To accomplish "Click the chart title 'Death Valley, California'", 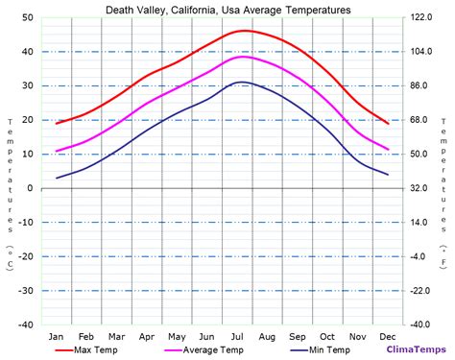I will point(227,9).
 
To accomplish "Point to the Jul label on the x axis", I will point(237,335).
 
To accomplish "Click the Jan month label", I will point(57,335).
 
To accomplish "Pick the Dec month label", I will point(387,335).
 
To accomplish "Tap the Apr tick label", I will point(147,335).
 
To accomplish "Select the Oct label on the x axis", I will point(327,335).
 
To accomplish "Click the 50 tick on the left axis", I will point(28,18).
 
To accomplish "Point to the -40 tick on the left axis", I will point(26,324).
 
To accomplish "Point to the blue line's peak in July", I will point(242,83).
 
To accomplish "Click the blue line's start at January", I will point(57,178).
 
